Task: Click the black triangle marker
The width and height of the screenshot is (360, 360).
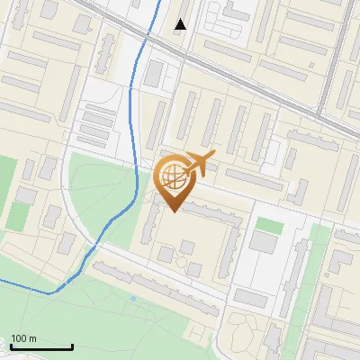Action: point(181,24)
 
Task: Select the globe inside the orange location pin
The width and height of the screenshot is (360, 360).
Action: point(171,175)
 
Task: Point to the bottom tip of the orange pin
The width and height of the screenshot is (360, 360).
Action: point(173,211)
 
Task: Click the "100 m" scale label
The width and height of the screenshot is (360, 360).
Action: point(23,337)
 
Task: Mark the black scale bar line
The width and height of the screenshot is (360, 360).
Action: point(41,347)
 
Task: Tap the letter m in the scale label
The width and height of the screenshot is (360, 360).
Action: point(33,337)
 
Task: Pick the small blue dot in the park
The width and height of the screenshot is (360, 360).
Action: point(133,298)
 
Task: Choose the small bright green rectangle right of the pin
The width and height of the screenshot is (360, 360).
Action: point(267,224)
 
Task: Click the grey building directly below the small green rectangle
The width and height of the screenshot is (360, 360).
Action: point(265,242)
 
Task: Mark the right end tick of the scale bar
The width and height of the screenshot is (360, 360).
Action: point(72,346)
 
